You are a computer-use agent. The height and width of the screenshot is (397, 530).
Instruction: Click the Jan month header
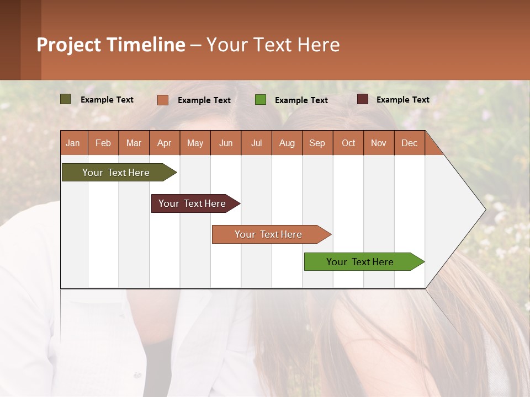(73, 143)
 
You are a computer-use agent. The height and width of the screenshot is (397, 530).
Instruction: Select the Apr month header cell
(165, 143)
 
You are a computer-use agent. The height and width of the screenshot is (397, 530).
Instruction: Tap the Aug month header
(287, 143)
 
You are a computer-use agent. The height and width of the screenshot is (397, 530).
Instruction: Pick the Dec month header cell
(409, 143)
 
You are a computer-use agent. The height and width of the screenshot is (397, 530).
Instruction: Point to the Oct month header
(348, 143)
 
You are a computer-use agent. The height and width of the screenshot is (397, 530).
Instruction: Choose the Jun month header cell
(226, 143)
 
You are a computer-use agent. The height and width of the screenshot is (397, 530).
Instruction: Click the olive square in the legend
(65, 99)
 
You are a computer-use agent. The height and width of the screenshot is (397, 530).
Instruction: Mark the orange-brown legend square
(162, 100)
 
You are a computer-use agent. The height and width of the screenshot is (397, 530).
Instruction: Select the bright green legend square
(261, 100)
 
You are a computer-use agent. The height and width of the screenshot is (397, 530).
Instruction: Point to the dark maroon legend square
(362, 99)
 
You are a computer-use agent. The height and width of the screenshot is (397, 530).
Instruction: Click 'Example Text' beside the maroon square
(402, 100)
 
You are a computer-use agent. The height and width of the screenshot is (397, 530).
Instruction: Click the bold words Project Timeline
(110, 45)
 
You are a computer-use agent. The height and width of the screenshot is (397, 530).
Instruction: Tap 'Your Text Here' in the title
(273, 45)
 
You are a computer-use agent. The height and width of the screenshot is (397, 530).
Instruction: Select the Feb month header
(103, 143)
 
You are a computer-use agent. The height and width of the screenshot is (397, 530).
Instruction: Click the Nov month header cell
(379, 143)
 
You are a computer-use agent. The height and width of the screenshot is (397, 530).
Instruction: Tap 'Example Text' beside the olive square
(107, 100)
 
